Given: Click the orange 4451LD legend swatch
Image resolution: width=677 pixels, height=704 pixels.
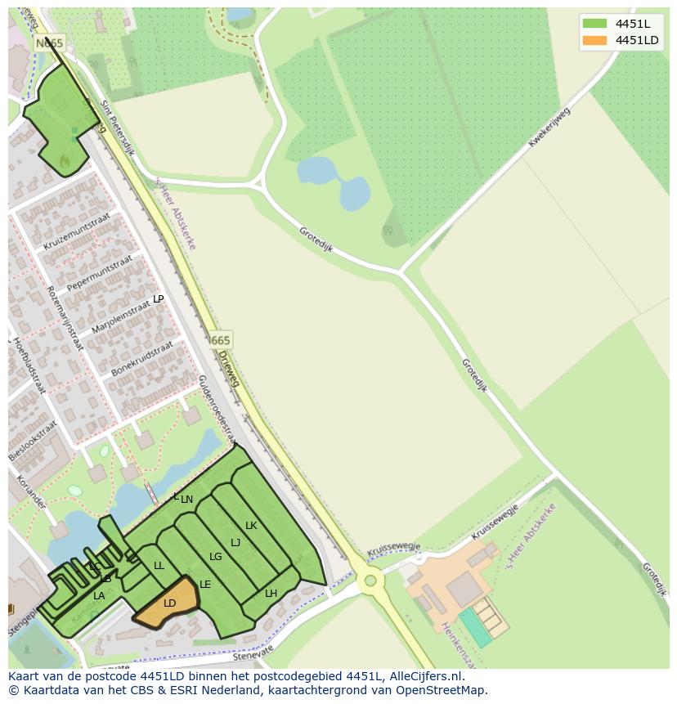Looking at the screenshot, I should pyautogui.click(x=595, y=40).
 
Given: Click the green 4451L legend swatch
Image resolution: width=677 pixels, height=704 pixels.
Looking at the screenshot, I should pyautogui.click(x=595, y=23).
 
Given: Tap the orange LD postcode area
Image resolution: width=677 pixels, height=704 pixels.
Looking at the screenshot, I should pyautogui.click(x=168, y=604).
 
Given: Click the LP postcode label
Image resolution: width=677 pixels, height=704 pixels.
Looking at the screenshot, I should pyautogui.click(x=159, y=299).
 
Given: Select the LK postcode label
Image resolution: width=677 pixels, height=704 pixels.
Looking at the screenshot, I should pyautogui.click(x=251, y=526).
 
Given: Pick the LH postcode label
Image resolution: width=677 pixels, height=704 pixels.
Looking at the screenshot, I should pyautogui.click(x=271, y=594).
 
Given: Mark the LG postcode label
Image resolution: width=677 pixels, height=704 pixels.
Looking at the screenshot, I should pyautogui.click(x=216, y=557).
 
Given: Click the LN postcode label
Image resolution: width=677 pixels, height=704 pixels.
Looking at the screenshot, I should pyautogui.click(x=187, y=500).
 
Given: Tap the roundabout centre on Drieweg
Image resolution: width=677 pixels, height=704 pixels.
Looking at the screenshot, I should pyautogui.click(x=370, y=581).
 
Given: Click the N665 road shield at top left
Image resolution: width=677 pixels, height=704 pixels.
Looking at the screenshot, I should pyautogui.click(x=49, y=43).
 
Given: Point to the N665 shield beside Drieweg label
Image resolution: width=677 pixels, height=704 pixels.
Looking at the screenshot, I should pyautogui.click(x=219, y=340).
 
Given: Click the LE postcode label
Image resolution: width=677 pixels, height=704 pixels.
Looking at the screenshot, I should pyautogui.click(x=205, y=585).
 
